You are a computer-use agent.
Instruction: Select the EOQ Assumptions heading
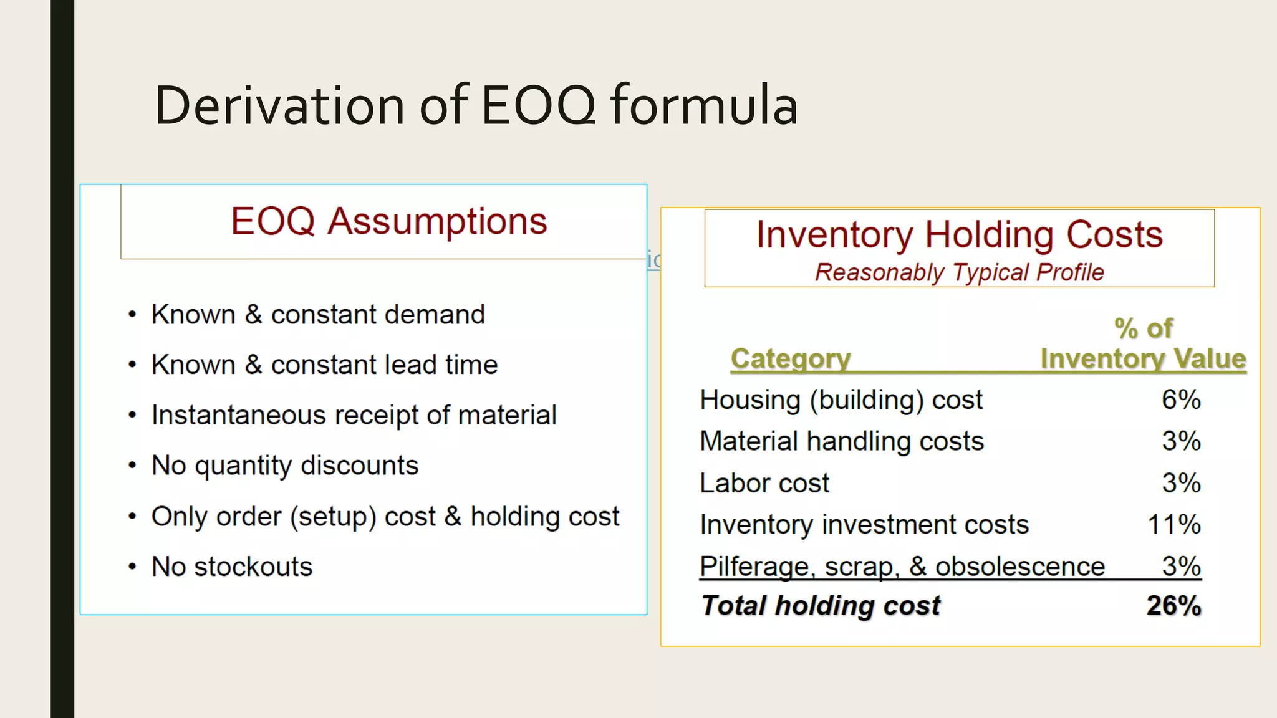click(x=388, y=221)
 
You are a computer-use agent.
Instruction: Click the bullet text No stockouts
click(x=231, y=567)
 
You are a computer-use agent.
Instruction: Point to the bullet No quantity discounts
click(x=284, y=466)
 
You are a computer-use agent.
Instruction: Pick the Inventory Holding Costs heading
click(x=959, y=235)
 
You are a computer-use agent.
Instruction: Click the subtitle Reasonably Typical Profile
click(x=959, y=272)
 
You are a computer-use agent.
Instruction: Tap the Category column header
click(x=790, y=358)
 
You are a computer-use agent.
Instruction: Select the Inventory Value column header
click(x=1142, y=358)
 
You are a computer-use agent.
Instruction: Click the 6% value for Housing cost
click(x=1180, y=400)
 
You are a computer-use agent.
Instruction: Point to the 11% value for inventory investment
click(x=1173, y=524)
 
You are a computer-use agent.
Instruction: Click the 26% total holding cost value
click(x=1173, y=606)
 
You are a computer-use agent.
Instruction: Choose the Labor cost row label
click(x=764, y=483)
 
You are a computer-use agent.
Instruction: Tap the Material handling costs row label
click(x=841, y=441)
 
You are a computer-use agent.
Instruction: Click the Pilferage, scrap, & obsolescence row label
click(x=902, y=567)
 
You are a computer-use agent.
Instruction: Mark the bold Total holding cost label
click(x=821, y=606)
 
